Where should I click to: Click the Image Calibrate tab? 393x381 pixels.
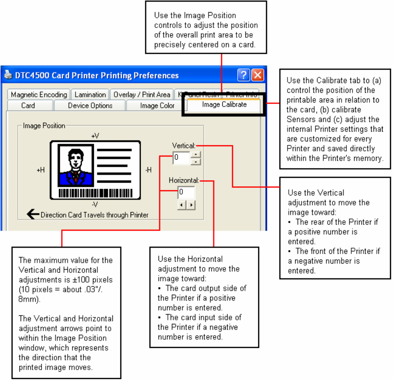click(x=224, y=105)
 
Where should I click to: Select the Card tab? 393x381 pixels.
click(x=28, y=106)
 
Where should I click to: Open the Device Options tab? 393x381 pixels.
click(x=90, y=106)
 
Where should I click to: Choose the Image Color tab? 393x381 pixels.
click(x=157, y=106)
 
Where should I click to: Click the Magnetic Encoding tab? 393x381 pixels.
click(x=39, y=95)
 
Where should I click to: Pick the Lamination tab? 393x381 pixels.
click(x=90, y=95)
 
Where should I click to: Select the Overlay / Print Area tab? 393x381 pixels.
click(x=142, y=95)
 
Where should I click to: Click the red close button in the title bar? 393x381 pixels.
click(x=258, y=75)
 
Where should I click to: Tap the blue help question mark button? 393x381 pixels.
click(x=243, y=75)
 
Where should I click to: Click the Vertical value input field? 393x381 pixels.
click(x=181, y=158)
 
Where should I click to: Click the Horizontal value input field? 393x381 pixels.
click(x=186, y=192)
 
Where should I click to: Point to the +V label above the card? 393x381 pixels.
click(x=95, y=136)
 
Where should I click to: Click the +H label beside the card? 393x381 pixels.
click(x=41, y=170)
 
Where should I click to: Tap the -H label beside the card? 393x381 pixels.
click(x=148, y=170)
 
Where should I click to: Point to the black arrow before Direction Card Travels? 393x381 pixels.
click(x=33, y=214)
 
